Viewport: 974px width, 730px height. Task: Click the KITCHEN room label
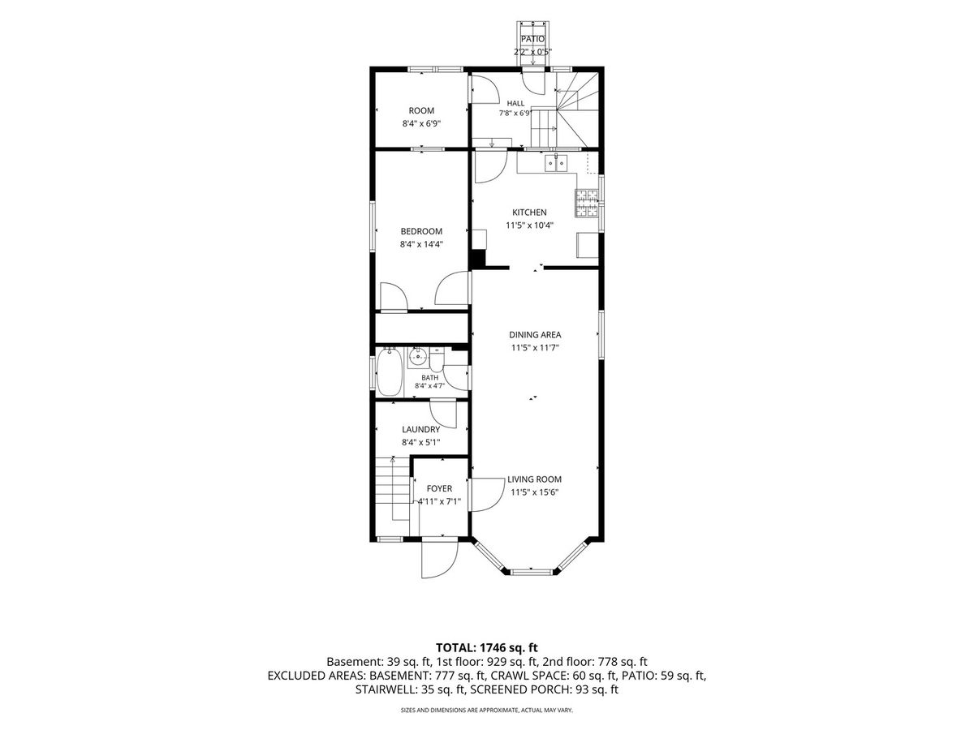[x=529, y=213]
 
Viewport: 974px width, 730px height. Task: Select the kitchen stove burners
[x=587, y=203]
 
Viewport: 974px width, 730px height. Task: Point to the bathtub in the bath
[x=389, y=371]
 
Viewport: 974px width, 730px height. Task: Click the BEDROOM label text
[x=421, y=231]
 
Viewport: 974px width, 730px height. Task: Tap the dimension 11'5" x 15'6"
[x=534, y=492]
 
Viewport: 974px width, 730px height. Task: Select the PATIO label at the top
[x=532, y=39]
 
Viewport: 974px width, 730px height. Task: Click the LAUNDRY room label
[x=420, y=430]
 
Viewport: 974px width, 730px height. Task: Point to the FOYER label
[x=439, y=488]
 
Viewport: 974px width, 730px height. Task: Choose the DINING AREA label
[x=535, y=335]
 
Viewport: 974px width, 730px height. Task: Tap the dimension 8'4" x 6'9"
[x=421, y=123]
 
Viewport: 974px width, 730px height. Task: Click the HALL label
[x=515, y=103]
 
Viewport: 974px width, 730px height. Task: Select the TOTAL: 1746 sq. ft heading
[x=487, y=647]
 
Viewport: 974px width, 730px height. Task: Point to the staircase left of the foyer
[x=393, y=489]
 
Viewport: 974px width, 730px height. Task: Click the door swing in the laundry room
[x=443, y=414]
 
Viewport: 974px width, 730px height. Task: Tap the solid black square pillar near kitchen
[x=478, y=260]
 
